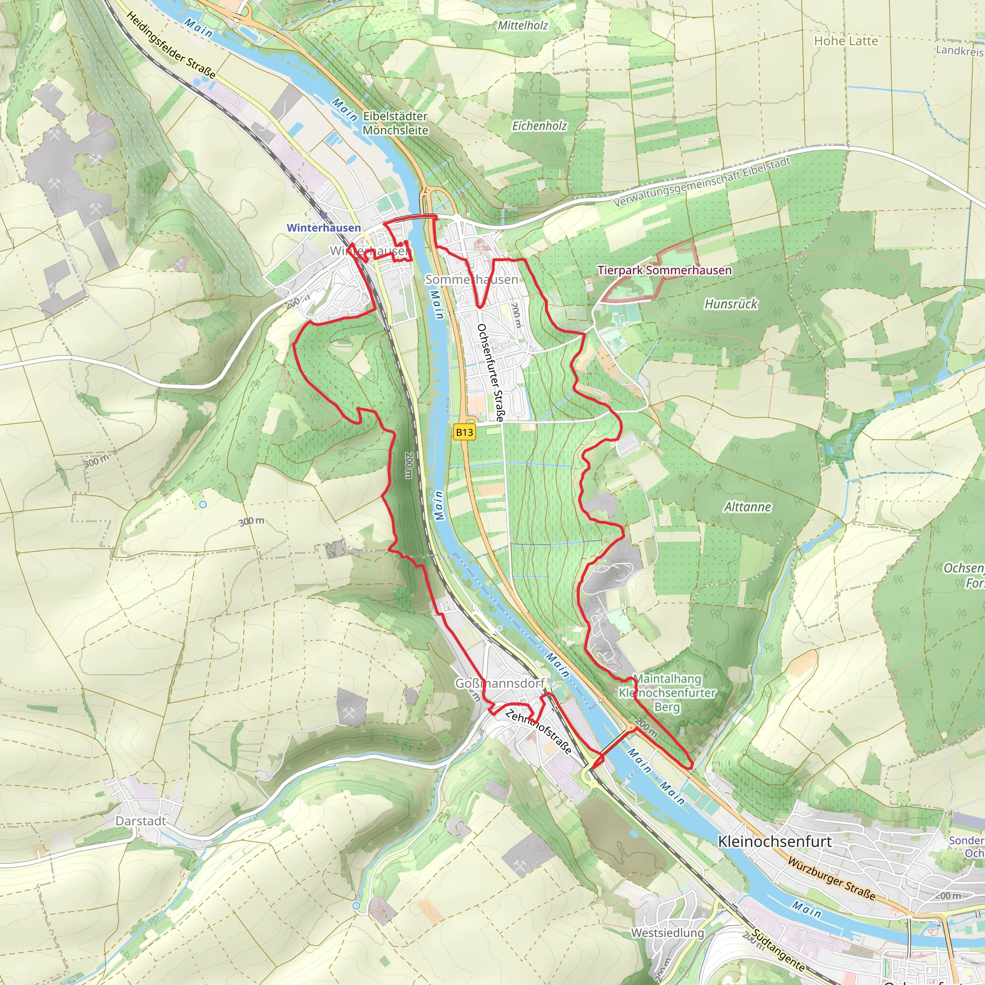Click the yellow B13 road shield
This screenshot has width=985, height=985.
pyautogui.click(x=464, y=432)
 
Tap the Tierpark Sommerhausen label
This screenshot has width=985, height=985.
pyautogui.click(x=664, y=270)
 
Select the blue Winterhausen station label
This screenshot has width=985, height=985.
pyautogui.click(x=324, y=228)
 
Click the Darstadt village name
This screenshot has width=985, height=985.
pyautogui.click(x=141, y=821)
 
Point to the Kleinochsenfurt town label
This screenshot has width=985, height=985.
pyautogui.click(x=774, y=841)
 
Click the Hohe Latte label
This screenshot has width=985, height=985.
pyautogui.click(x=846, y=41)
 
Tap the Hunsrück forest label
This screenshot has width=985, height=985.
pyautogui.click(x=731, y=304)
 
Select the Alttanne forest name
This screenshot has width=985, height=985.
pyautogui.click(x=747, y=507)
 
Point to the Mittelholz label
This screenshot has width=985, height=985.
pyautogui.click(x=523, y=25)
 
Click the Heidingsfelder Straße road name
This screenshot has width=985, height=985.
pyautogui.click(x=171, y=45)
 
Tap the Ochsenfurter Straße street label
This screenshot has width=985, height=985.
pyautogui.click(x=491, y=372)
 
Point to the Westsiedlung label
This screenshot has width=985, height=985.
pyautogui.click(x=668, y=933)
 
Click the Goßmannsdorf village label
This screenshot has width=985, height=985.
pyautogui.click(x=500, y=683)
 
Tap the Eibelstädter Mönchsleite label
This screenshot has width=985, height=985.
pyautogui.click(x=395, y=123)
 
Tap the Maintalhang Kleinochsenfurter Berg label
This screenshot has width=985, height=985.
pyautogui.click(x=667, y=693)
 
